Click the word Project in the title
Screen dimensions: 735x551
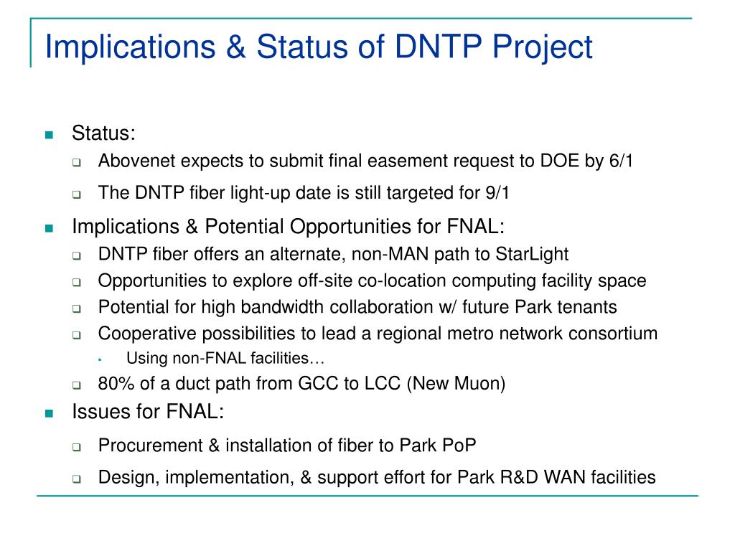coord(542,48)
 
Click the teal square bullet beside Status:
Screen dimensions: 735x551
coord(50,135)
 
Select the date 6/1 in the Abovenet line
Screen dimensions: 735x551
coord(621,161)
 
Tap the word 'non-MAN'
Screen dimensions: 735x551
coord(390,254)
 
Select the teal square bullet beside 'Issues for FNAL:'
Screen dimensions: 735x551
coord(50,413)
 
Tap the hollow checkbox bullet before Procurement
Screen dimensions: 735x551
coord(76,447)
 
